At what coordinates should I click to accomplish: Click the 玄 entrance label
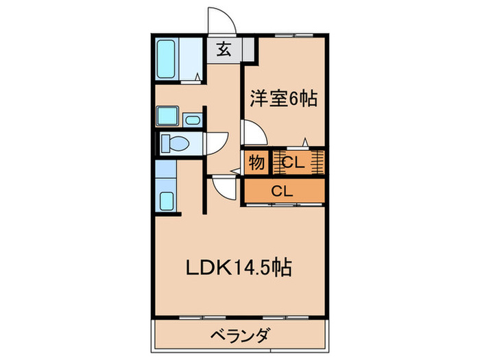tap(223, 49)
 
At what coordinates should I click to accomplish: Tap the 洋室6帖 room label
tap(283, 99)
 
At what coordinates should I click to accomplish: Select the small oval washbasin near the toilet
tap(191, 121)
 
